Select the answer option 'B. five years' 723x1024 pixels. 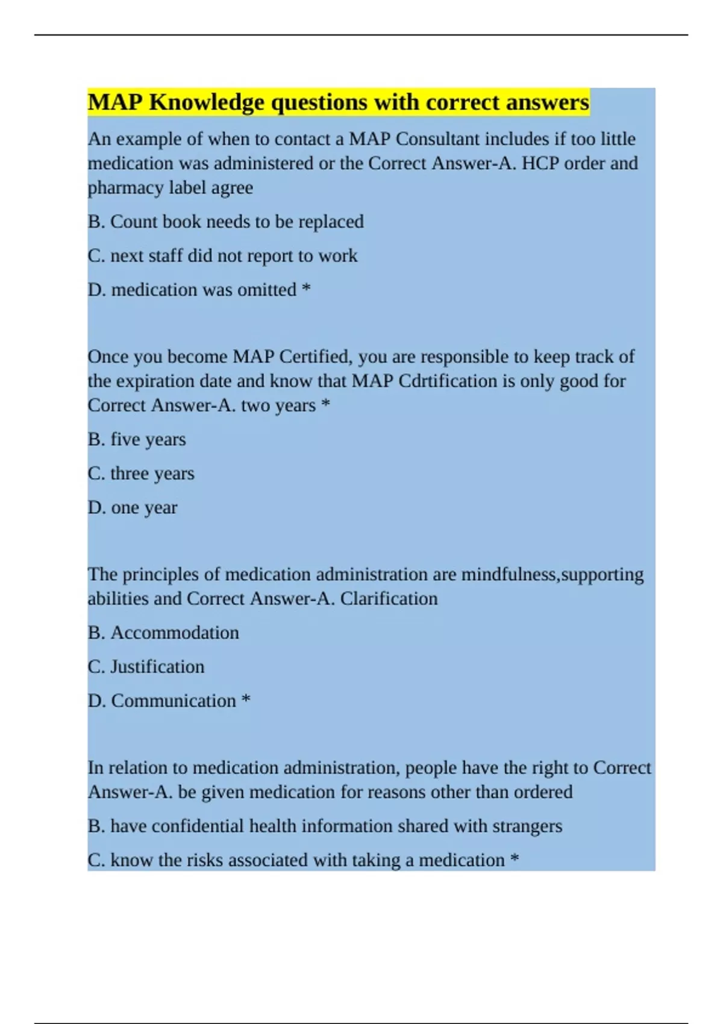137,439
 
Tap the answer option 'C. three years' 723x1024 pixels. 141,473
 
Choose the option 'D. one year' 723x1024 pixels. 133,507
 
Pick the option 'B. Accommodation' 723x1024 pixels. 163,632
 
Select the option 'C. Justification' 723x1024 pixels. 146,667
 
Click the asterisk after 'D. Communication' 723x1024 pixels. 246,700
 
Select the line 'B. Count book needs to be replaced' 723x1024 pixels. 226,222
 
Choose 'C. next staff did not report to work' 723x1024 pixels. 222,255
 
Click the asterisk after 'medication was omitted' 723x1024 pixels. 306,289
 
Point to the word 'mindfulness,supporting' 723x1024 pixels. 552,574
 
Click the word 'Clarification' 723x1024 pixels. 389,599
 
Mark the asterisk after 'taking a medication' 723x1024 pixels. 515,859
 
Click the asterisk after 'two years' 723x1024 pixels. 326,405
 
